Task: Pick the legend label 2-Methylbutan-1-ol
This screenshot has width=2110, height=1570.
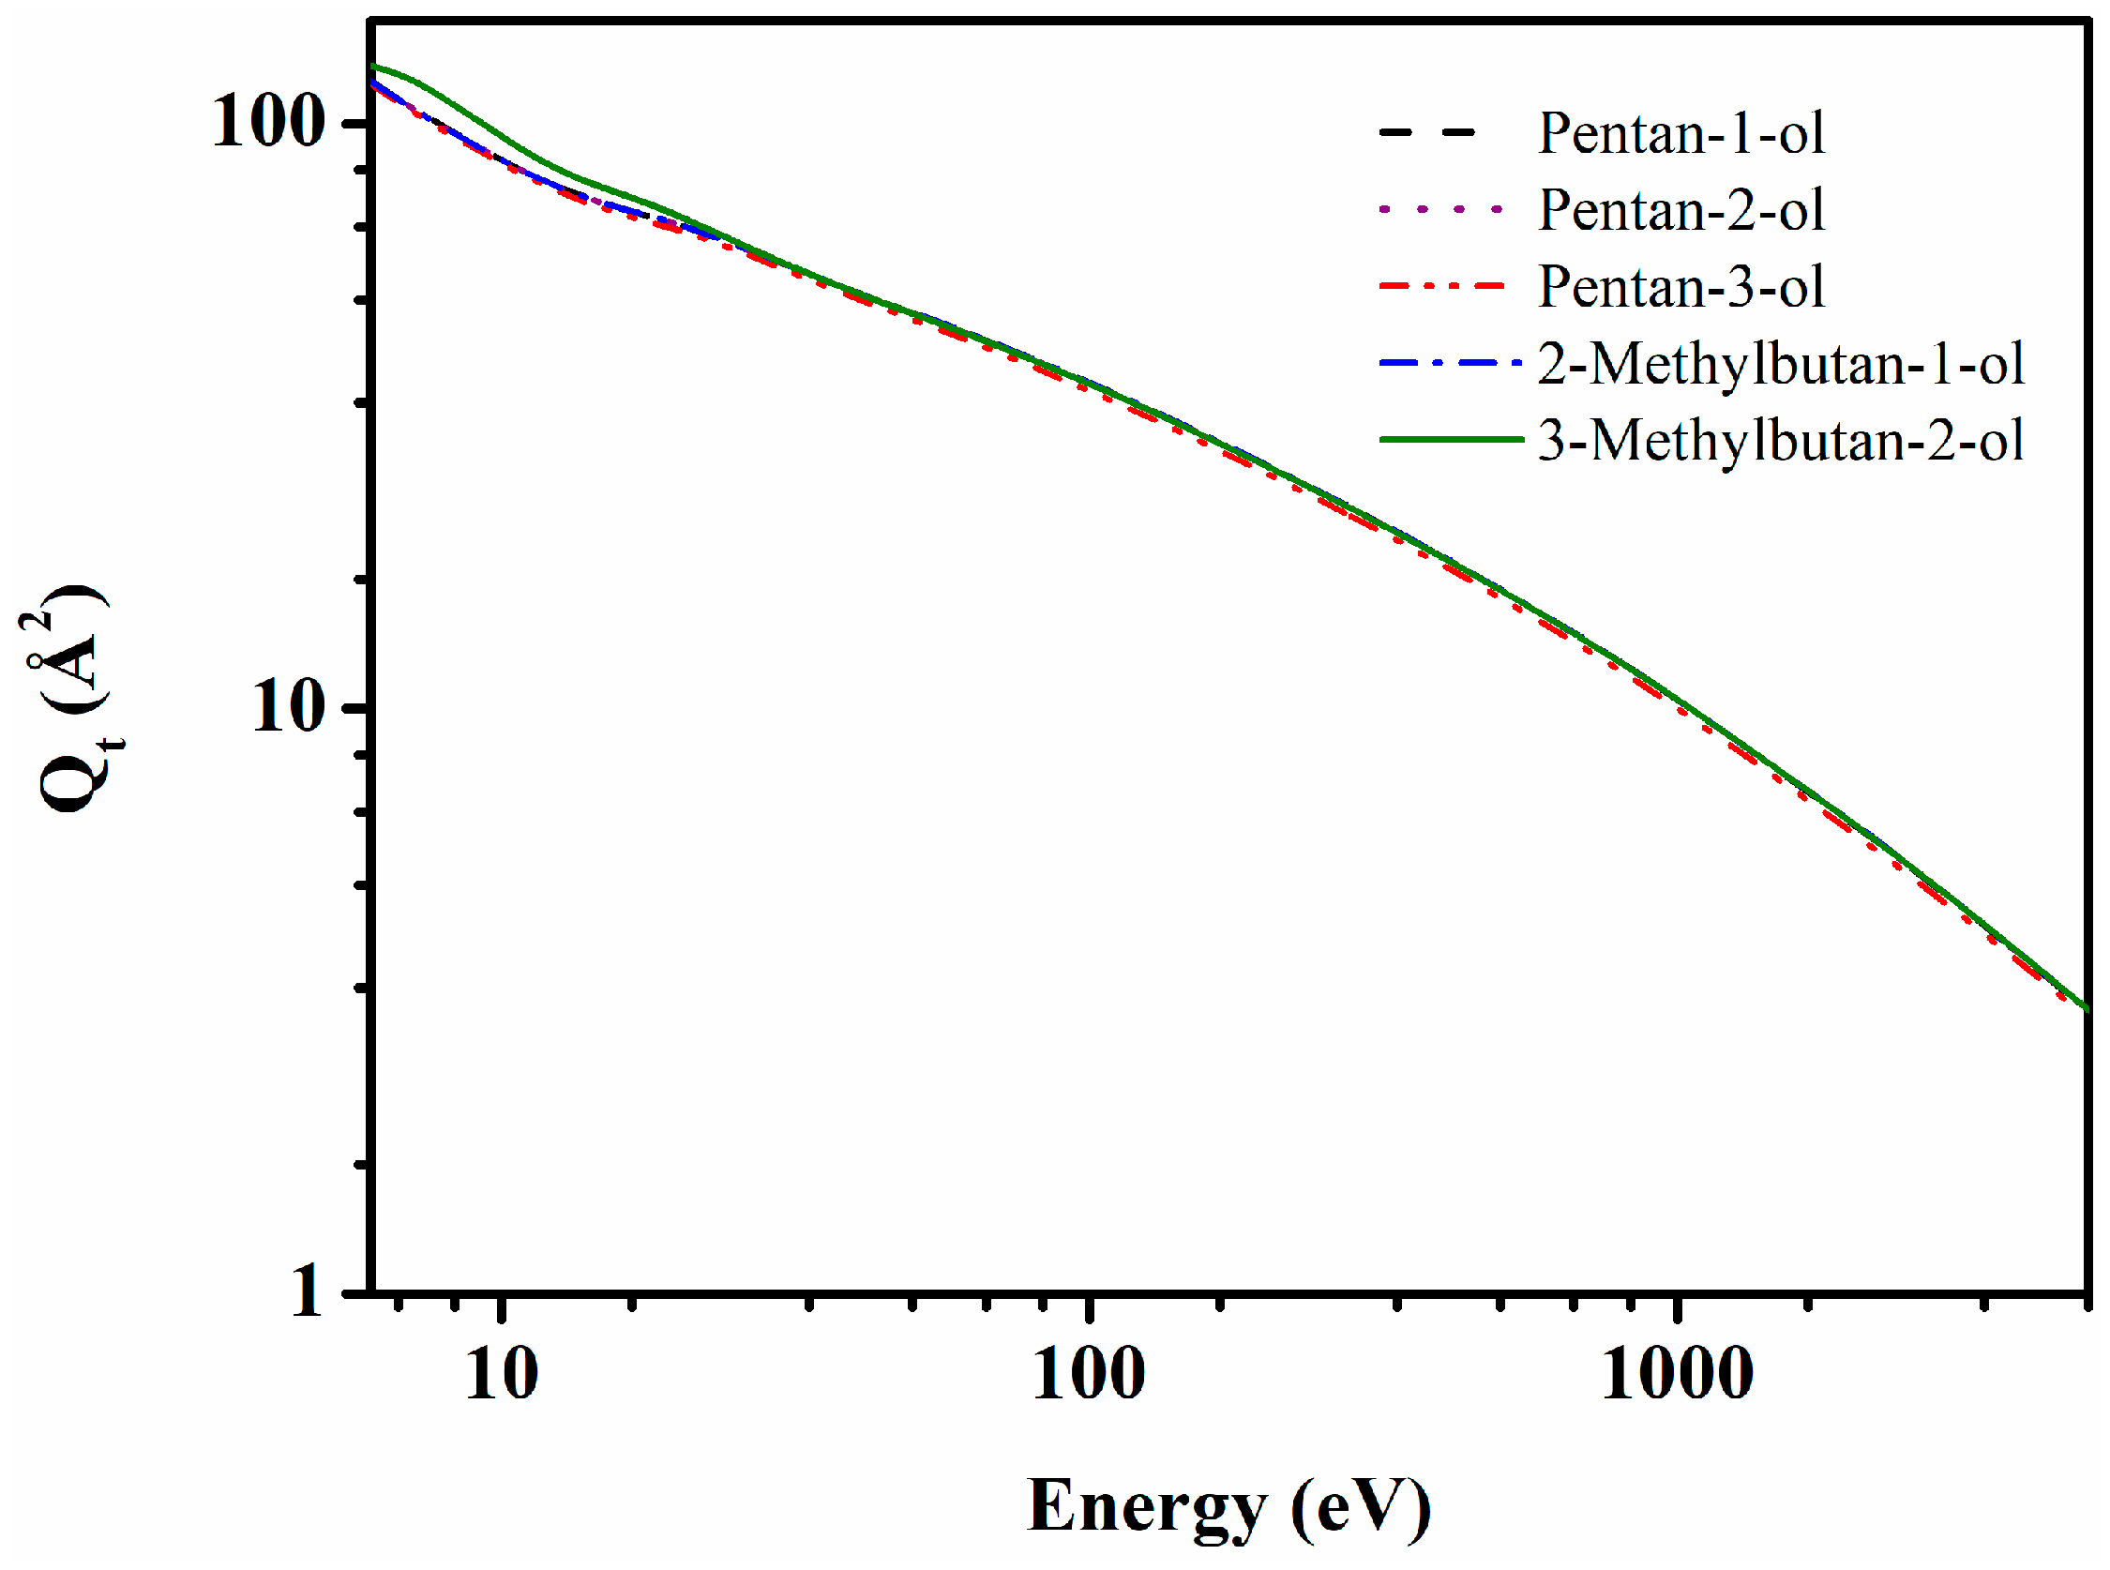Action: point(1780,363)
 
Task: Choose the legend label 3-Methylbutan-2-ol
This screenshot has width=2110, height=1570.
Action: point(1780,440)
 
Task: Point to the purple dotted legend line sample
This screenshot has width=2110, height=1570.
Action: point(1440,209)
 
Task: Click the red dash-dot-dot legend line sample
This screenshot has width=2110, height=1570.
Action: point(1442,285)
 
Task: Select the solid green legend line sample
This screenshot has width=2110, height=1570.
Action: point(1450,439)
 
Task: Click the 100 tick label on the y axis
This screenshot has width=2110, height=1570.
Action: point(268,123)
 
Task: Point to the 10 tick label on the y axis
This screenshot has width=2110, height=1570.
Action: point(288,707)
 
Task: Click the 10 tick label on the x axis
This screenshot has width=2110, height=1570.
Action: point(501,1373)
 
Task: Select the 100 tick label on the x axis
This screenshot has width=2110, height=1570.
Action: point(1088,1373)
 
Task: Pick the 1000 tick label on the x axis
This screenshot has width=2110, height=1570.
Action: point(1677,1373)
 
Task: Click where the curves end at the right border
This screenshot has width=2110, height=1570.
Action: point(2085,1008)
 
